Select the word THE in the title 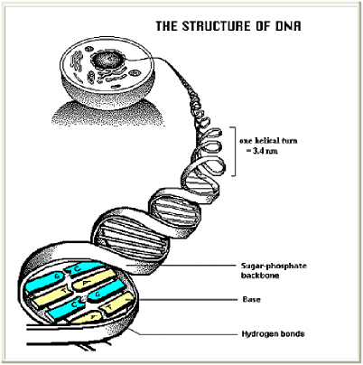pos(166,26)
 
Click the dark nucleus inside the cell pos(107,60)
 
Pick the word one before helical pos(246,141)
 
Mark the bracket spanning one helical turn pos(235,152)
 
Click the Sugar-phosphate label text pos(274,266)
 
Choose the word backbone pos(260,276)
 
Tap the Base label pos(252,299)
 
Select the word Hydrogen pos(260,334)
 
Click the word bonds pos(293,333)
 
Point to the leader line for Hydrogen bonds pos(183,333)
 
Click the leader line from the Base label pos(188,300)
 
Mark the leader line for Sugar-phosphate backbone pos(181,266)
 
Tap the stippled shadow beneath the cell pos(107,114)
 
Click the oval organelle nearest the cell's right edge pos(135,73)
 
